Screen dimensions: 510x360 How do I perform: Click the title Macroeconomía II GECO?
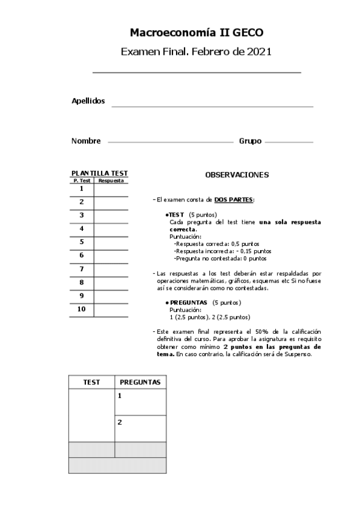(x=197, y=32)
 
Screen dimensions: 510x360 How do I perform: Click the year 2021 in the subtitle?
(x=259, y=52)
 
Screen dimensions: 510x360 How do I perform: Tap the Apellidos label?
(x=88, y=101)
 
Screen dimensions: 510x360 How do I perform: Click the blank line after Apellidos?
(x=212, y=106)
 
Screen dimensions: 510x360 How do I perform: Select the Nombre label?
(x=86, y=141)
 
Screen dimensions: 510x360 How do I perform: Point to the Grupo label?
(x=250, y=141)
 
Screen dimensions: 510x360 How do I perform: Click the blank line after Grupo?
(x=288, y=143)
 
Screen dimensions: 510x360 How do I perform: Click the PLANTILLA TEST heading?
(x=99, y=174)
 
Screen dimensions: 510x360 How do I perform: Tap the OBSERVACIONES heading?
(x=237, y=175)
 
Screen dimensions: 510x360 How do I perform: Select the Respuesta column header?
(x=111, y=180)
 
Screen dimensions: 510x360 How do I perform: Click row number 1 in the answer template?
(x=81, y=189)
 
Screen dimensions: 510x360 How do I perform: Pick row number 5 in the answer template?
(x=81, y=242)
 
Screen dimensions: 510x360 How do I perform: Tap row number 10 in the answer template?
(x=81, y=309)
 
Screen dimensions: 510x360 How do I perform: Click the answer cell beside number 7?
(x=111, y=269)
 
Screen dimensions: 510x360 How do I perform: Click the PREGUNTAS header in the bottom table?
(x=140, y=382)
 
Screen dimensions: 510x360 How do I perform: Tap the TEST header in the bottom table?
(x=91, y=382)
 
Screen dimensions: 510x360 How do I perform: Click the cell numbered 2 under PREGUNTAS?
(x=140, y=428)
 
